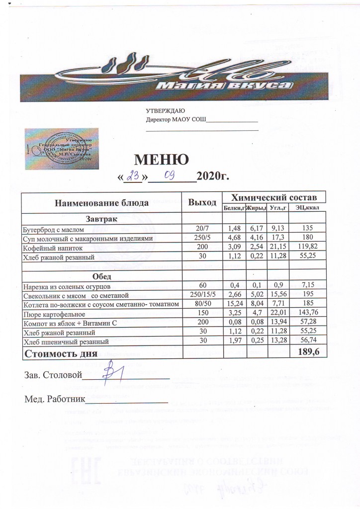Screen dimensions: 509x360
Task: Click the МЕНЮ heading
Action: tap(162, 160)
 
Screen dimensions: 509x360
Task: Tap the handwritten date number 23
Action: tap(133, 176)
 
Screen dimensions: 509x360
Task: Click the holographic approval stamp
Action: tap(62, 149)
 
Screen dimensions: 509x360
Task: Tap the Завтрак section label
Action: tap(101, 219)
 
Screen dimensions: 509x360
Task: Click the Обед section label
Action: tap(101, 276)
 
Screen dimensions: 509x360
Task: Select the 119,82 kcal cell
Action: tap(307, 247)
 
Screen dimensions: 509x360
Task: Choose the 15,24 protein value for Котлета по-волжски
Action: tap(234, 305)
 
